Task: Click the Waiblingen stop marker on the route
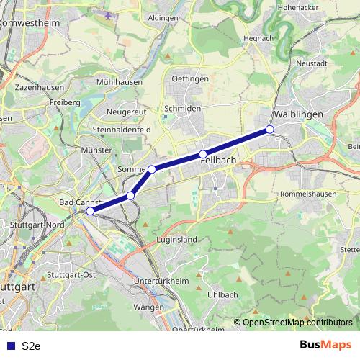tap(270, 129)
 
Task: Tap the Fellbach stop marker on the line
tap(203, 154)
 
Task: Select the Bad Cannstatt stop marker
tap(90, 211)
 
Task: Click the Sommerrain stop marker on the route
tap(152, 169)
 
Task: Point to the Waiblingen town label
tap(297, 114)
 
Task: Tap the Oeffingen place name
tap(190, 78)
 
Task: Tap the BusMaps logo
tap(325, 345)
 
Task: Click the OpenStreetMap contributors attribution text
tap(297, 323)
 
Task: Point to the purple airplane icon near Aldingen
tap(109, 14)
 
